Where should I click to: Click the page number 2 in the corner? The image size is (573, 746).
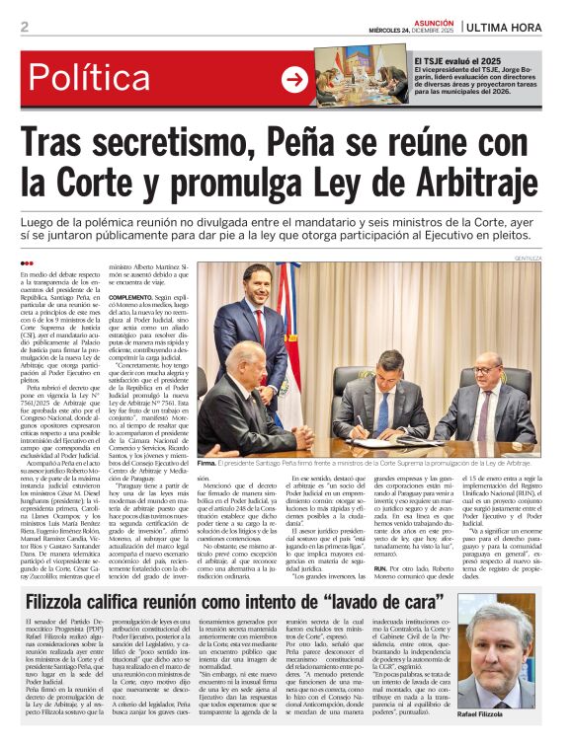(24, 27)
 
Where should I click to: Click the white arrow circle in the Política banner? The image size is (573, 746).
(294, 79)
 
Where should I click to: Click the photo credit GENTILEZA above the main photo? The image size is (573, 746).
(531, 258)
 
